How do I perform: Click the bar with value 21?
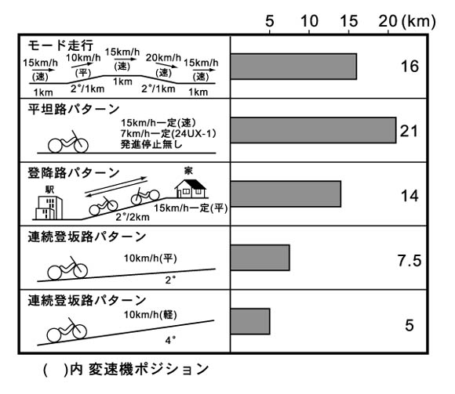point(313,130)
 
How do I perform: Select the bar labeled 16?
point(293,67)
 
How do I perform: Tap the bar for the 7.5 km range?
point(260,258)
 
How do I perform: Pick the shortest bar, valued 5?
point(250,321)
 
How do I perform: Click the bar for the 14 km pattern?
point(286,193)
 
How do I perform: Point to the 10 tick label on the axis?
point(309,21)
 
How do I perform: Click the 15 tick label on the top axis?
point(349,21)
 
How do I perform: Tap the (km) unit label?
point(419,22)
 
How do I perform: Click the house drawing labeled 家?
point(191,189)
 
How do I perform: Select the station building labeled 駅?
point(49,208)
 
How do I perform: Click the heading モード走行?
point(60,45)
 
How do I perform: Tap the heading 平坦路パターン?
point(74,109)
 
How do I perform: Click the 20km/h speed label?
point(163,58)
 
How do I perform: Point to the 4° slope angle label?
point(171,340)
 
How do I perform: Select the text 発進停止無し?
point(151,144)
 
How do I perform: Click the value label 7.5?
point(409,260)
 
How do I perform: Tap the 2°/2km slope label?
point(133,217)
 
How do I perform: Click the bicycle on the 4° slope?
point(67,330)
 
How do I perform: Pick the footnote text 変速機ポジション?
point(148,369)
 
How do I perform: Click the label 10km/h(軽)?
point(151,315)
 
